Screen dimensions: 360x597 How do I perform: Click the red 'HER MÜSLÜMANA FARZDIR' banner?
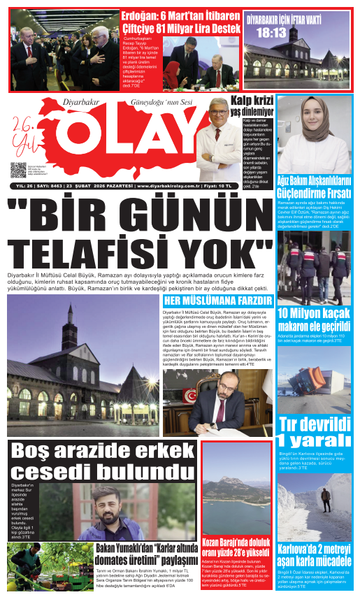[x=217, y=301]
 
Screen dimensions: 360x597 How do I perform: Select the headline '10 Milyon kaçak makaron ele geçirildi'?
[x=313, y=319]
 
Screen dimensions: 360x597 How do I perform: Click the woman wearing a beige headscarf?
[x=313, y=129]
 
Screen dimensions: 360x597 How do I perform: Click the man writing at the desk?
[x=217, y=405]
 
